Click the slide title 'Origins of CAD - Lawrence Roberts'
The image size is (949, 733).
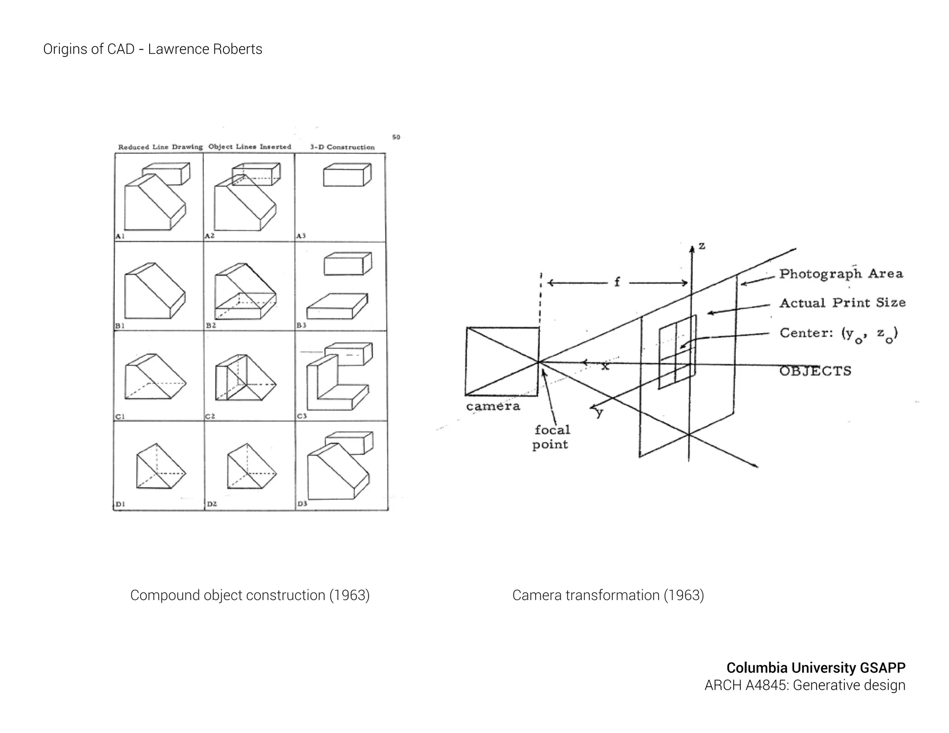(x=152, y=49)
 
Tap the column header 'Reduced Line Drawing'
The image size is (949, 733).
(x=160, y=147)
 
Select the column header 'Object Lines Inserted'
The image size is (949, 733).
(x=250, y=146)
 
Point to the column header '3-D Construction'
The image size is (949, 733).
(x=342, y=147)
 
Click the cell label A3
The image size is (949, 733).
(x=301, y=236)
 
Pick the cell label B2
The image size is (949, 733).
(x=211, y=326)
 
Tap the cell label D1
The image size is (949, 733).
(x=120, y=504)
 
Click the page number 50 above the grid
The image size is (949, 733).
(x=396, y=137)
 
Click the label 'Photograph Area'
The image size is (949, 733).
(x=841, y=274)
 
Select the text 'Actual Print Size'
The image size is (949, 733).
(x=842, y=303)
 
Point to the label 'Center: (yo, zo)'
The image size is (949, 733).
(x=838, y=334)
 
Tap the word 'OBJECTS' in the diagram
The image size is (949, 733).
(x=815, y=371)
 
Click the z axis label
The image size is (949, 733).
(x=702, y=246)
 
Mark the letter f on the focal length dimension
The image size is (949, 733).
(x=617, y=282)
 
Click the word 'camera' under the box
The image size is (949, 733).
(x=493, y=406)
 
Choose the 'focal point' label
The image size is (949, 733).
(x=551, y=437)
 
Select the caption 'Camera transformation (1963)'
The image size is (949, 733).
(x=608, y=595)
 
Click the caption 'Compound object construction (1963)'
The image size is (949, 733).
(x=250, y=595)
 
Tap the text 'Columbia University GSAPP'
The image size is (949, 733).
(x=816, y=668)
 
